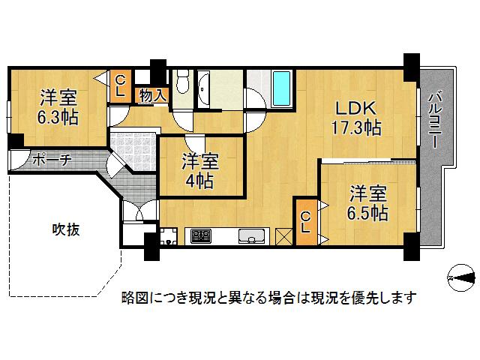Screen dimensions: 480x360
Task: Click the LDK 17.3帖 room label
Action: [357, 118]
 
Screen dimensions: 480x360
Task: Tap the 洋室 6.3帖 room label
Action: [58, 106]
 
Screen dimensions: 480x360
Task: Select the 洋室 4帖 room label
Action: [200, 171]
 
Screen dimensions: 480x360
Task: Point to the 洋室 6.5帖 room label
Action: [368, 203]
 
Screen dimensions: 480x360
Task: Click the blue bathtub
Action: [281, 88]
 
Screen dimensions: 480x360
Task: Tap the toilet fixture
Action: [183, 82]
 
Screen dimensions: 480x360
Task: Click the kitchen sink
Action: [252, 236]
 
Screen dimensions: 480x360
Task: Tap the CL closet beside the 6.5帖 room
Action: [307, 222]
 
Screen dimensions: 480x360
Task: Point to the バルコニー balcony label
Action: [435, 121]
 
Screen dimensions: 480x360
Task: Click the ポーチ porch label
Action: [52, 160]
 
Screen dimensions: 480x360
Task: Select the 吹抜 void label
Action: [66, 229]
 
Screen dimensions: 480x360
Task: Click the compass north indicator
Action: [462, 277]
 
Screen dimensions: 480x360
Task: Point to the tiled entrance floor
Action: [133, 151]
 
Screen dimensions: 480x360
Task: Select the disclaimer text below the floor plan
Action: [269, 297]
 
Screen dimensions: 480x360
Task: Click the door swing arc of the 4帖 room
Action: [194, 145]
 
